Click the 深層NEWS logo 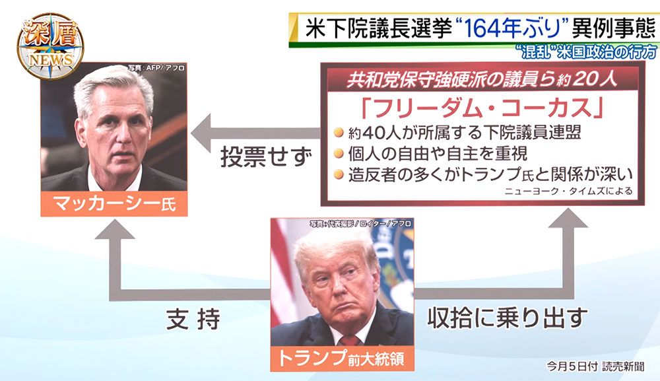(x=51, y=45)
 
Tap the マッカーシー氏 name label (x=114, y=204)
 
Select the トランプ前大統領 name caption (x=342, y=359)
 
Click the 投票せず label (x=267, y=157)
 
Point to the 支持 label (x=193, y=320)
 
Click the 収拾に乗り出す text (x=507, y=318)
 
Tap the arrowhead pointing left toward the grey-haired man (x=201, y=133)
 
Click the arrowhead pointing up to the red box (x=568, y=218)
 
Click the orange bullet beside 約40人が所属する (x=339, y=133)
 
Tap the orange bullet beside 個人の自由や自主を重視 (x=339, y=153)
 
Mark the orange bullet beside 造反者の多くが (x=339, y=174)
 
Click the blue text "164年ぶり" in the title (x=513, y=28)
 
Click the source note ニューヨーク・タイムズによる (x=568, y=191)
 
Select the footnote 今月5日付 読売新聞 (x=595, y=366)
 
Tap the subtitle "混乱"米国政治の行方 (x=587, y=52)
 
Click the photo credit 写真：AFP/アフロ (x=156, y=67)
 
